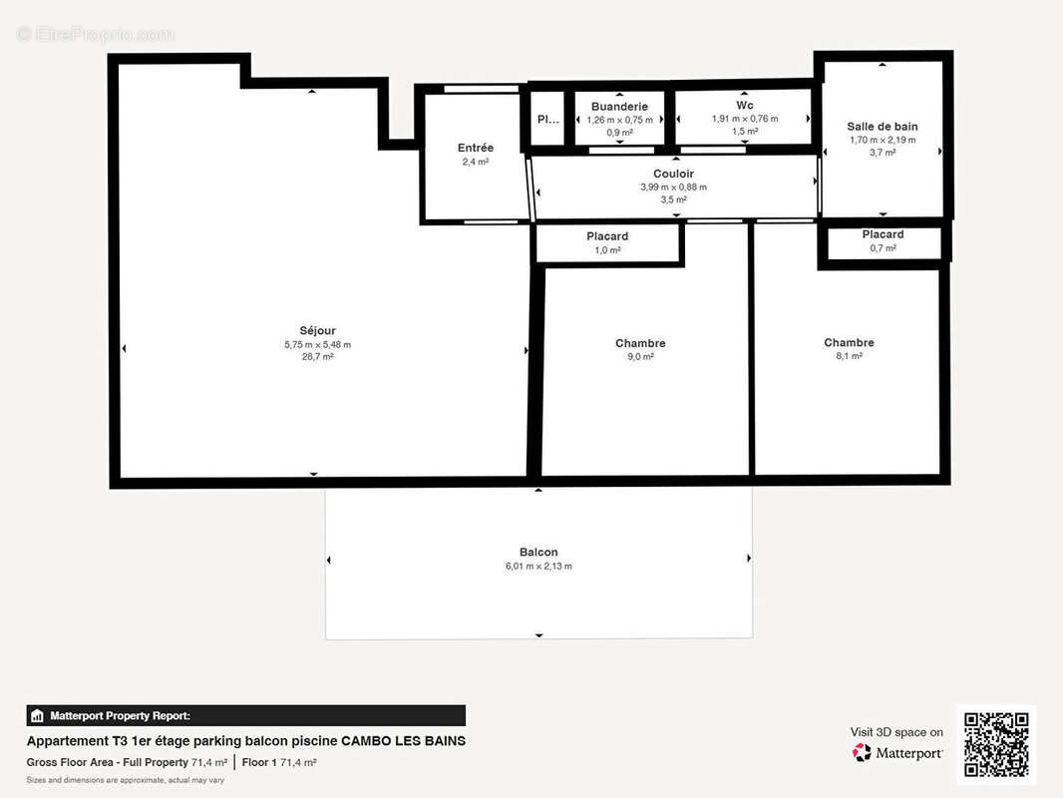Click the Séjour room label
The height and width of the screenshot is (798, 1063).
click(317, 330)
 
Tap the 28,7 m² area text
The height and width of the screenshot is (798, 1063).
click(317, 356)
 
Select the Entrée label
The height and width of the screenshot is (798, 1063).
click(475, 148)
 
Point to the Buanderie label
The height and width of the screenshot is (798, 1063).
click(619, 107)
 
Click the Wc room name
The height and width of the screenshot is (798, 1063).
click(745, 106)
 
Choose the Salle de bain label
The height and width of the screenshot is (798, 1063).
click(883, 127)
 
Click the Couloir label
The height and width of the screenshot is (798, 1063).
click(673, 174)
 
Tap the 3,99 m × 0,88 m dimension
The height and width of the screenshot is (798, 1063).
click(673, 187)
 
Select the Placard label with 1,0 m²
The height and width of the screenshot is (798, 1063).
click(607, 236)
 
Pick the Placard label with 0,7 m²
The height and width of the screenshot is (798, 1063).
click(883, 234)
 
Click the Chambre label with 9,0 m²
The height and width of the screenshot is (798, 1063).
click(640, 343)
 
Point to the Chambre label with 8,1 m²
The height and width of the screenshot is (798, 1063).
click(849, 342)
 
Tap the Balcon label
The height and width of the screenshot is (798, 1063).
click(538, 552)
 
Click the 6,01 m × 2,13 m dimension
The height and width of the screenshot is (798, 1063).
click(538, 566)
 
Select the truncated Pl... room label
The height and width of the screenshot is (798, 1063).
click(548, 119)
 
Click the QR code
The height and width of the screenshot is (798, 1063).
click(996, 744)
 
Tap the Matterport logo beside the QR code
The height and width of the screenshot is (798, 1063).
click(897, 753)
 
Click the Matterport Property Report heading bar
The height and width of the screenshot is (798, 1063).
click(245, 715)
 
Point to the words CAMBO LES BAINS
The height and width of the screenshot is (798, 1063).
click(403, 741)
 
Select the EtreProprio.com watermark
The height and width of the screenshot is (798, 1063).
click(95, 34)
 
